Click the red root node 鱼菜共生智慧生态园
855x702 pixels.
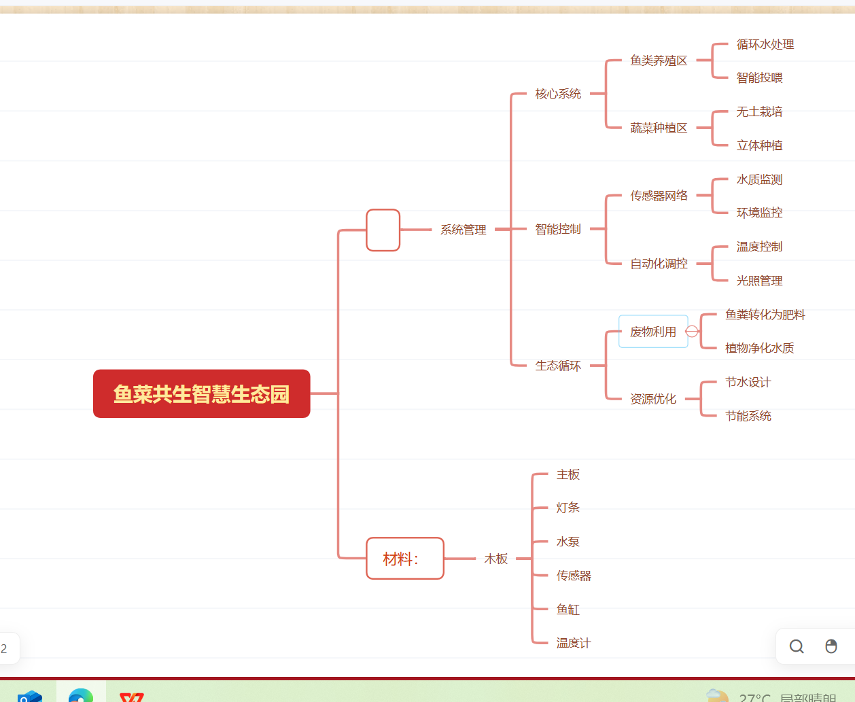pos(201,393)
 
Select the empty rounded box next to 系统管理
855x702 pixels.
pos(383,230)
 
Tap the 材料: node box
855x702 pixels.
pos(404,559)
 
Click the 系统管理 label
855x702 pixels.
pos(463,230)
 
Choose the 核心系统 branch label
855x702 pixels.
pos(558,94)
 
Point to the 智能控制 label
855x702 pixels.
pos(558,229)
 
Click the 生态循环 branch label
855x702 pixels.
pos(558,366)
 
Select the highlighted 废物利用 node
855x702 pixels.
pos(652,332)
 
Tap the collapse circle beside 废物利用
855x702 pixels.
pos(692,331)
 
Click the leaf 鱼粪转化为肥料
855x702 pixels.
pos(765,315)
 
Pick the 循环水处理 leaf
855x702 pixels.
pos(765,44)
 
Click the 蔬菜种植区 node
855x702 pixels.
pos(659,128)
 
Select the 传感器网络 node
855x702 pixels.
pos(659,196)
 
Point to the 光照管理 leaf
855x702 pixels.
pos(759,281)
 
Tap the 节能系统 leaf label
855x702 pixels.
pos(748,416)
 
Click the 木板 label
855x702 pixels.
pos(496,559)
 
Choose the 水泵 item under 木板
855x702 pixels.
pos(568,542)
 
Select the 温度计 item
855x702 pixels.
pos(573,643)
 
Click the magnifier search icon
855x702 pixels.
pos(797,646)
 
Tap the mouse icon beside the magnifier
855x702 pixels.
pos(831,646)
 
